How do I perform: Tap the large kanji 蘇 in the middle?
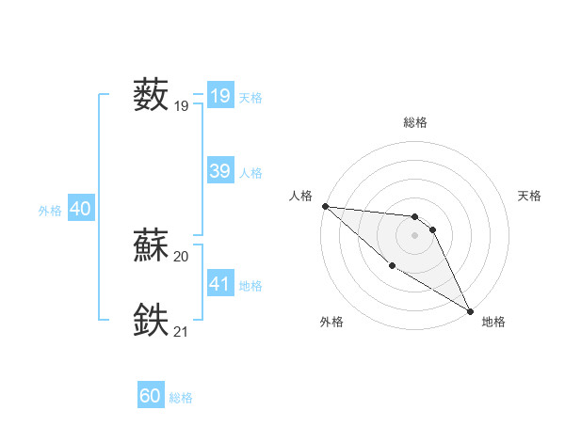point(151,245)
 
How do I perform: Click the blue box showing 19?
point(219,96)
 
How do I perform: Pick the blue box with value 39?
point(219,171)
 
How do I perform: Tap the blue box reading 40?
point(80,209)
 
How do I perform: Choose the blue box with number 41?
point(219,284)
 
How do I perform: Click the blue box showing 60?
point(151,396)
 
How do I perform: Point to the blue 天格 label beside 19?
point(250,98)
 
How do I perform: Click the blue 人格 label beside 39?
point(250,173)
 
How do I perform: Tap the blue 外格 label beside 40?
point(50,211)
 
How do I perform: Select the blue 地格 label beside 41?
point(250,286)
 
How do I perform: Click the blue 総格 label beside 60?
point(181,398)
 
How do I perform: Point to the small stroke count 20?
point(182,257)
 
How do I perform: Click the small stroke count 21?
point(182,332)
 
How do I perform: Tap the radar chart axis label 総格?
point(415,122)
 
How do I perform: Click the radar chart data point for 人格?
point(325,206)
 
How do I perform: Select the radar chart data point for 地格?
point(470,311)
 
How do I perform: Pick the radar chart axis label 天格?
point(529,196)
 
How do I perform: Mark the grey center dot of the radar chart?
point(415,235)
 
